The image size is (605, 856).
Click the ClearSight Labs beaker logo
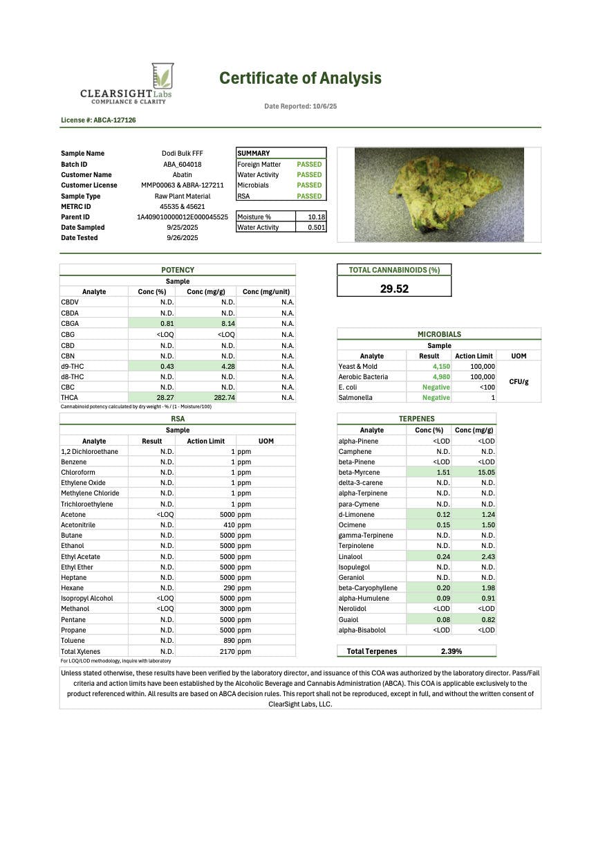(x=162, y=76)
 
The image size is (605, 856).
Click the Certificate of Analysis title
(x=300, y=78)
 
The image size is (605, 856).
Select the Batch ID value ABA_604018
(x=178, y=164)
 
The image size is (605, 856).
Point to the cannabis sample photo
(x=438, y=194)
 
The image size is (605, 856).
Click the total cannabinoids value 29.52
(x=394, y=289)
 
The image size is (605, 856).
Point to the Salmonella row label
(x=355, y=398)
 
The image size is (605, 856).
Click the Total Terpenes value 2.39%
(x=452, y=651)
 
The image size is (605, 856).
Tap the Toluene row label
(x=73, y=641)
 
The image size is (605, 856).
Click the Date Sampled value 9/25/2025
(x=178, y=227)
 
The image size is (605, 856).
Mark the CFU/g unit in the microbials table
(x=519, y=382)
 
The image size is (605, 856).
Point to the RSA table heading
(x=178, y=419)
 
